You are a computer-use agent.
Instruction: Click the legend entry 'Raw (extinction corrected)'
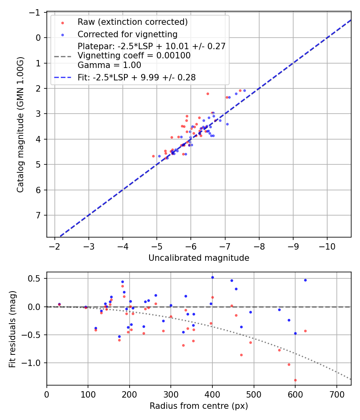tap(132, 22)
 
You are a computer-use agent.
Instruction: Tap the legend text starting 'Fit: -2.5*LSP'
tap(136, 78)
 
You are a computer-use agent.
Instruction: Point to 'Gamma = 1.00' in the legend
tap(109, 65)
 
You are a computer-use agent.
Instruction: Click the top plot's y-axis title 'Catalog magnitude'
tap(20, 125)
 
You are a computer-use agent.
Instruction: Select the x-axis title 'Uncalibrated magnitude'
tap(199, 258)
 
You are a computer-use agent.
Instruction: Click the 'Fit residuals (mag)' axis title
tap(12, 328)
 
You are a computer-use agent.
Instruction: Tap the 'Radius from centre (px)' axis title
tap(199, 406)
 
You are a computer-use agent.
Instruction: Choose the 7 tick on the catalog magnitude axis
tap(38, 216)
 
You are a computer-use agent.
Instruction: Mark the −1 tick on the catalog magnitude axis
tap(36, 12)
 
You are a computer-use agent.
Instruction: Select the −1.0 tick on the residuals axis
tap(34, 363)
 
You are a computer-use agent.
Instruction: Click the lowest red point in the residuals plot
tap(295, 380)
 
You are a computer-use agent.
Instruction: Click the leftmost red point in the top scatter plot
tap(153, 156)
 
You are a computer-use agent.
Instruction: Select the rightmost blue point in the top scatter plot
tap(244, 90)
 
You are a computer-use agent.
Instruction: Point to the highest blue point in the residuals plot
tap(212, 277)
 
